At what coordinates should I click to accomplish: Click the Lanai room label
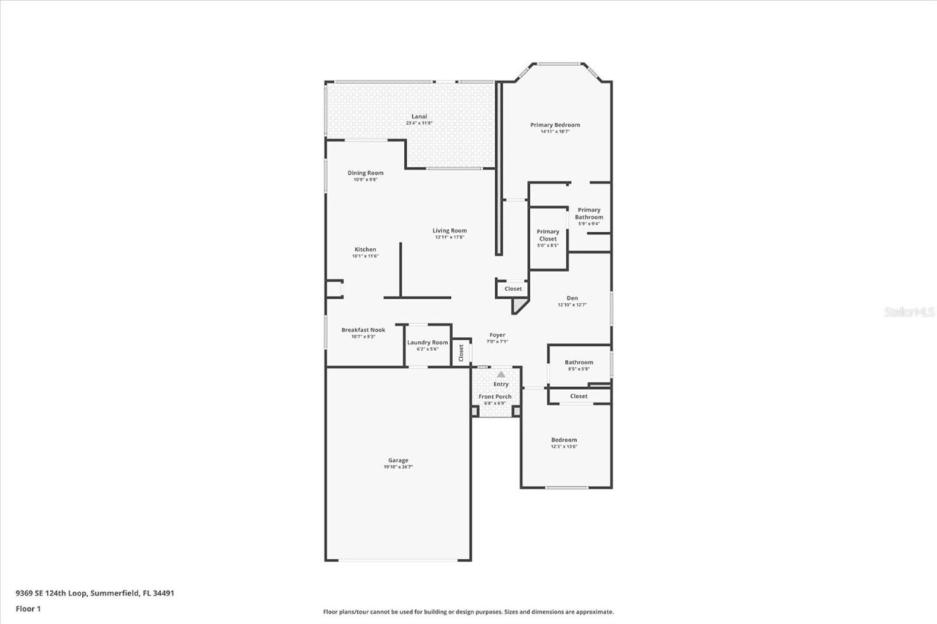point(419,116)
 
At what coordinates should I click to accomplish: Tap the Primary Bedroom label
point(555,125)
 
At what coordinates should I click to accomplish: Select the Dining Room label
point(365,173)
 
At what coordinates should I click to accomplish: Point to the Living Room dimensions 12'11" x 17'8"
point(449,237)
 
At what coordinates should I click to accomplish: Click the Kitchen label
point(365,249)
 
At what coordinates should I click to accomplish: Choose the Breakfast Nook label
point(363,330)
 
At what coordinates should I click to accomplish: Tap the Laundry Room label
point(428,342)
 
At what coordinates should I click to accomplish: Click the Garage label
point(398,460)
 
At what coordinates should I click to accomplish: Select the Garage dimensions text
point(398,467)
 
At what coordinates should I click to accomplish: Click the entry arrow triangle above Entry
point(501,374)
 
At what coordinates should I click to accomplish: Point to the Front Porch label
point(496,396)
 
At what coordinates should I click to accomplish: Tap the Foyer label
point(497,335)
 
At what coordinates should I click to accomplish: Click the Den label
point(572,298)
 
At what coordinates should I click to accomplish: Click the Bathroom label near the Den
point(579,362)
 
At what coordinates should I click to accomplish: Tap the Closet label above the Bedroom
point(579,396)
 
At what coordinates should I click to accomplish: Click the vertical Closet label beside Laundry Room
point(461,353)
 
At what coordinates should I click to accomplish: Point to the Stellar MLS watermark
point(909,312)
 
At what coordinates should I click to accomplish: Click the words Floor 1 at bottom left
point(28,608)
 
